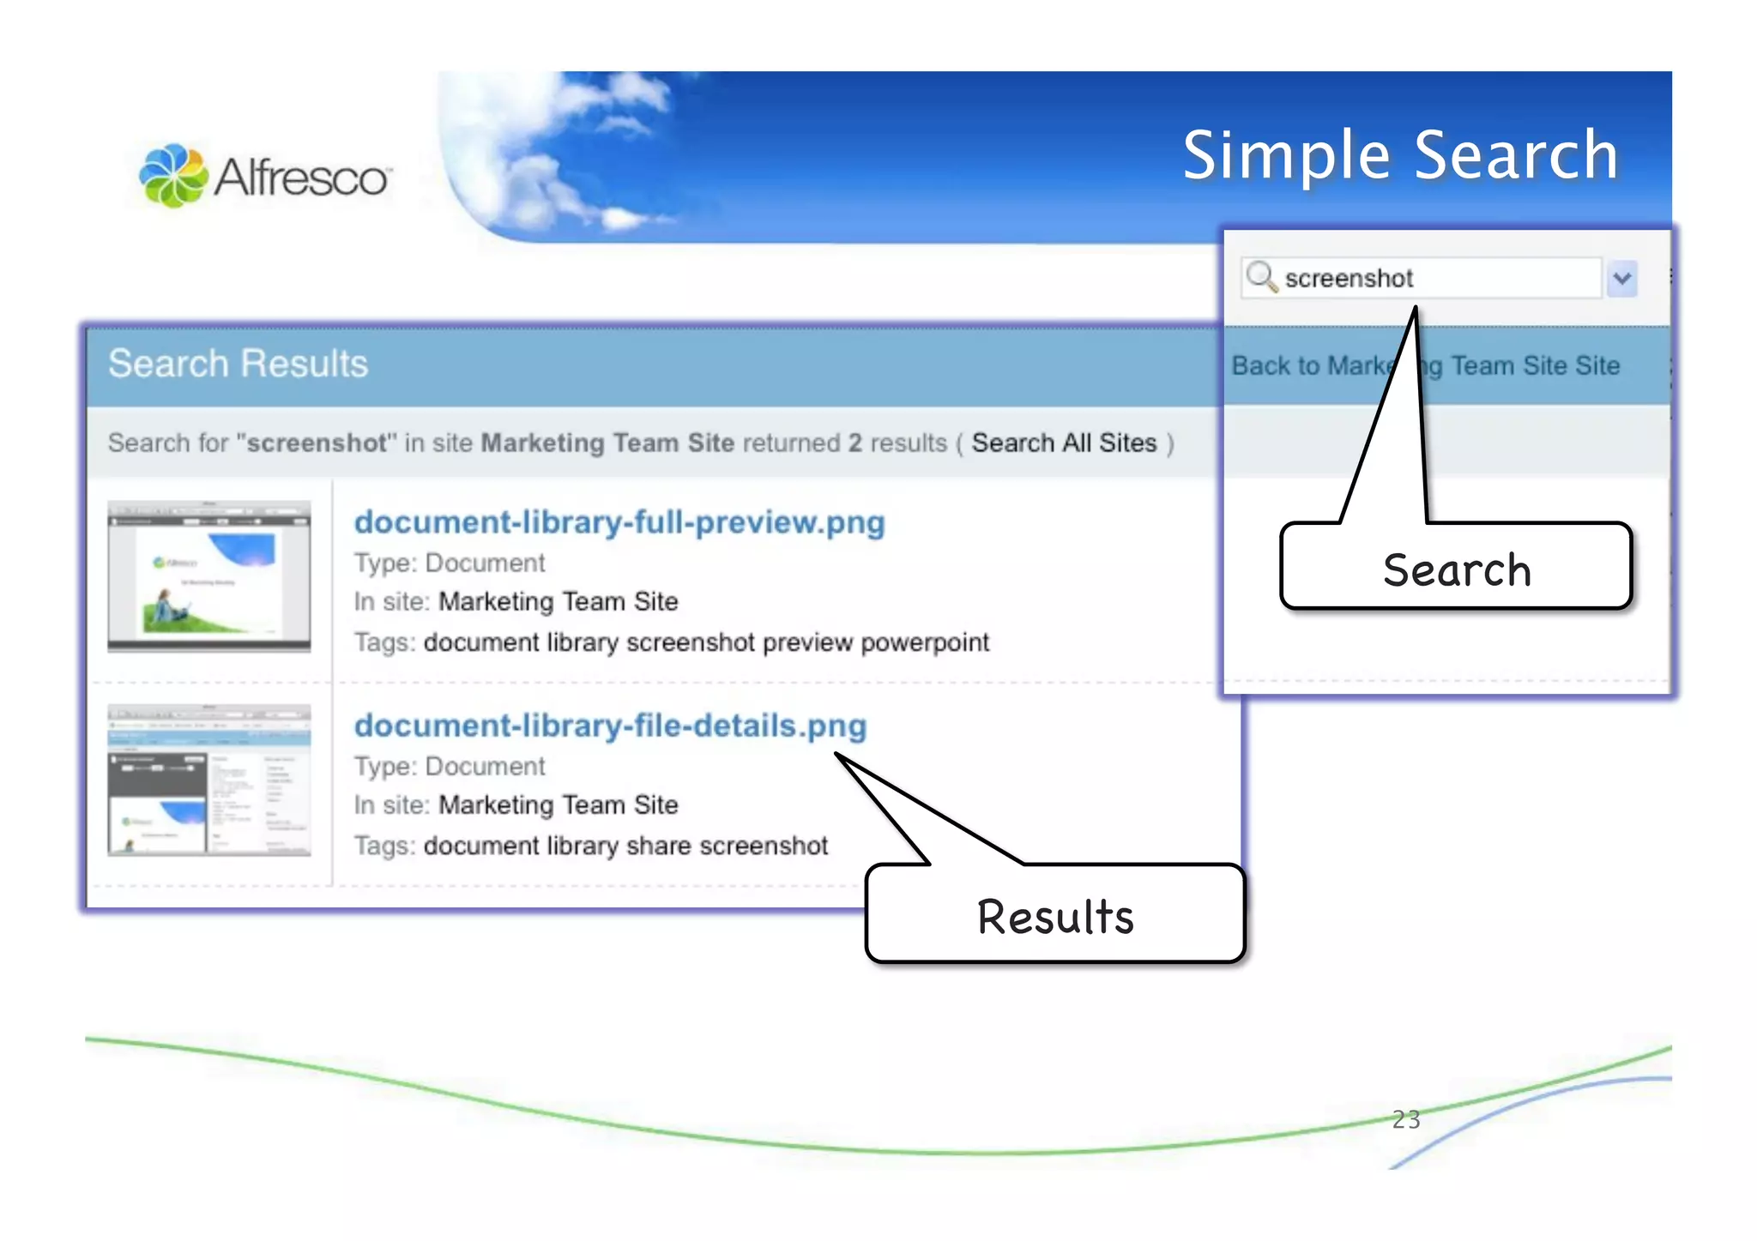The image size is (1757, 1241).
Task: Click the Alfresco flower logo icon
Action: pos(173,176)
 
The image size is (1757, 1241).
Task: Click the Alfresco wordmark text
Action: pos(301,178)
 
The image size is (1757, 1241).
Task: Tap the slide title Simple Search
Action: pos(1400,155)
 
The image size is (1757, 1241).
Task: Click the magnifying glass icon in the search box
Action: pos(1261,277)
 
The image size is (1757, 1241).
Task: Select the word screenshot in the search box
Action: pos(1348,279)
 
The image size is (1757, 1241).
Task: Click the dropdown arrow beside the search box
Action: pos(1621,279)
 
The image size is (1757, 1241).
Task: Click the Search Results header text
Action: pos(238,364)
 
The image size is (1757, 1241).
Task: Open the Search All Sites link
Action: pos(1064,443)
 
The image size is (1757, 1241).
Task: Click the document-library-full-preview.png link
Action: pos(619,522)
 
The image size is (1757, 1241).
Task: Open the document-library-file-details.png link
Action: pos(610,726)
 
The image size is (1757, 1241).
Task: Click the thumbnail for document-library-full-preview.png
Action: pos(208,576)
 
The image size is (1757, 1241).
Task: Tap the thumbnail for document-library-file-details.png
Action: pos(208,780)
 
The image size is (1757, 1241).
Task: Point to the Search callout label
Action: pos(1456,569)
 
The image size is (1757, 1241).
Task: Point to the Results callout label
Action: pos(1054,916)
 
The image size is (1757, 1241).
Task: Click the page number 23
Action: pos(1405,1119)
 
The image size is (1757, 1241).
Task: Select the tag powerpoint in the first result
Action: pos(924,642)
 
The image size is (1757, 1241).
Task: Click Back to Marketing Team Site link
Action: pos(1425,366)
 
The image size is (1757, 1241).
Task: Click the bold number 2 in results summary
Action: pos(854,443)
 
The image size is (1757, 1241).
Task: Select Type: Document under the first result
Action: pos(450,563)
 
